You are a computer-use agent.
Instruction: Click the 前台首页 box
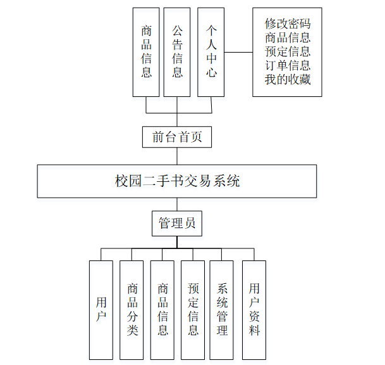(177, 137)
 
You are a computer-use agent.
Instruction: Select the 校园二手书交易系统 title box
(177, 181)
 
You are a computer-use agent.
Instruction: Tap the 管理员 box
(177, 223)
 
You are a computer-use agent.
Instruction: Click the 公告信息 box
(177, 52)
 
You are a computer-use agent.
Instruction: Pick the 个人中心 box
(211, 52)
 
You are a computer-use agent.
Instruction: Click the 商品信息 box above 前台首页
(146, 52)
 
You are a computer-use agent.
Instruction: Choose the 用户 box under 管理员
(101, 310)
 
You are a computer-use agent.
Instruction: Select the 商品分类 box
(131, 310)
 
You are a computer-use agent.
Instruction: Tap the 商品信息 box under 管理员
(162, 310)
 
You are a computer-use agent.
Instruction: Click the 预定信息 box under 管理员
(193, 310)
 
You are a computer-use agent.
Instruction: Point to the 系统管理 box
(222, 310)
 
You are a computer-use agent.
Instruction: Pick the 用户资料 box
(254, 310)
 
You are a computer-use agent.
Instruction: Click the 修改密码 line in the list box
(288, 24)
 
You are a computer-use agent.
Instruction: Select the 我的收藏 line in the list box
(288, 80)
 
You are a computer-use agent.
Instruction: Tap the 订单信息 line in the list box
(288, 66)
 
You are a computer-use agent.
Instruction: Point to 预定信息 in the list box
(288, 52)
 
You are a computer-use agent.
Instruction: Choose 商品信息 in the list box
(288, 38)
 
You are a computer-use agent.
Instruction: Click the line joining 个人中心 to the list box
(238, 52)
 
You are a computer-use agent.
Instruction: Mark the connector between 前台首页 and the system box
(177, 156)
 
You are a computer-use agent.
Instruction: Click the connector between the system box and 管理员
(177, 204)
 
